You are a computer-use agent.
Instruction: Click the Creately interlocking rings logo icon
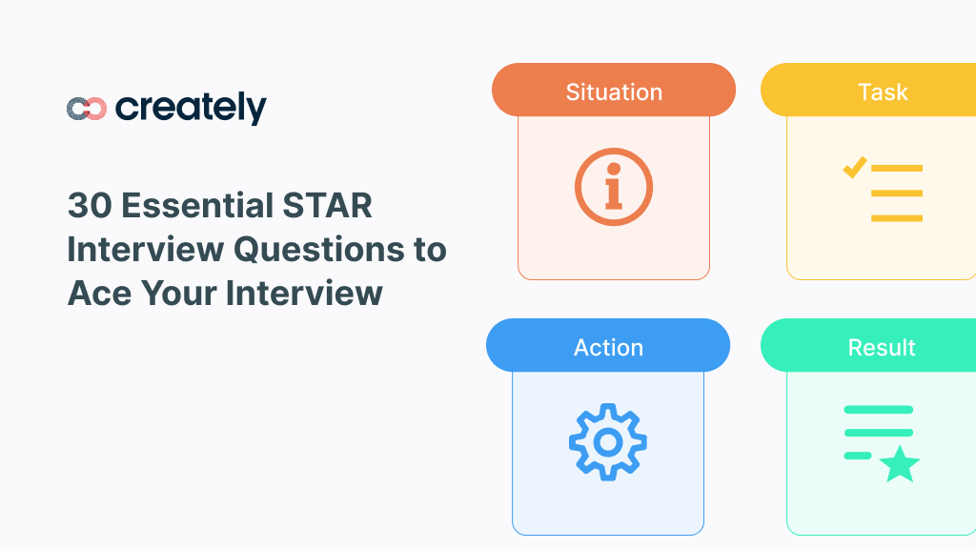click(x=86, y=109)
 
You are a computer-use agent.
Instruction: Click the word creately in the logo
click(x=191, y=109)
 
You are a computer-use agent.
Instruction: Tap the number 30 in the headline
click(x=89, y=206)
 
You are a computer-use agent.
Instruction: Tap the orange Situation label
click(x=614, y=91)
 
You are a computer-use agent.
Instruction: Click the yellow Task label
click(x=882, y=91)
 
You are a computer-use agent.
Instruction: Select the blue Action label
click(x=608, y=347)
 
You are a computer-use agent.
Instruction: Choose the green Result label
click(x=882, y=347)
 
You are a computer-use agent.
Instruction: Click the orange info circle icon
click(x=614, y=186)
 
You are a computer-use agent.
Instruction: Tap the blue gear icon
click(x=608, y=441)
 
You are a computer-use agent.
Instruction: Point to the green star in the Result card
click(x=899, y=465)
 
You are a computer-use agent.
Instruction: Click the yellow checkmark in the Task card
click(x=854, y=168)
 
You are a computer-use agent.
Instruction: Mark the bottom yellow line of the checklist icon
click(x=897, y=218)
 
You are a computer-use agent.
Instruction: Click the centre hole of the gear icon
click(x=608, y=441)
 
